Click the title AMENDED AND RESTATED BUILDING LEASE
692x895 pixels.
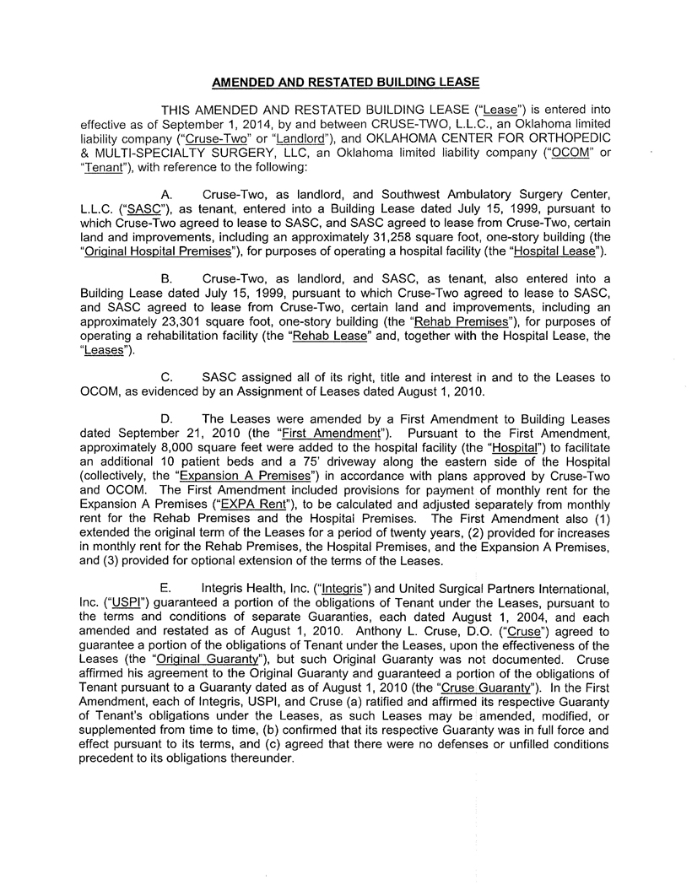coord(345,82)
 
